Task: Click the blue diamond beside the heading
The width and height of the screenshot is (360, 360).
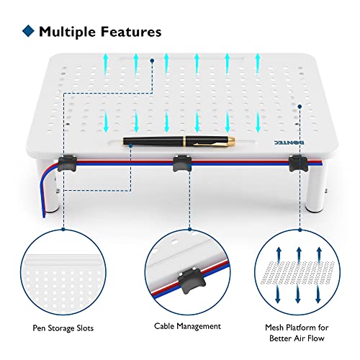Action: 28,31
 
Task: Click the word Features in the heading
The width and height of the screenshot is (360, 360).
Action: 131,32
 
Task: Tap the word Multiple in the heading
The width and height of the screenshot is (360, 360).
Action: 67,32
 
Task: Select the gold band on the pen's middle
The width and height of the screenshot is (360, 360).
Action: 185,141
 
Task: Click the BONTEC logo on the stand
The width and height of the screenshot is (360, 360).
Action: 289,143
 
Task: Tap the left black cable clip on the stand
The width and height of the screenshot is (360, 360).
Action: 67,163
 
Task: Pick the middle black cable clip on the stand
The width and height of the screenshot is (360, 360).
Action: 182,163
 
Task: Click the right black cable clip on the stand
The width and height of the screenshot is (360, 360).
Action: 298,163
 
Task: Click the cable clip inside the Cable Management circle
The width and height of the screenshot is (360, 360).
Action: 192,281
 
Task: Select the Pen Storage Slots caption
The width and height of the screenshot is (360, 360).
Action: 63,328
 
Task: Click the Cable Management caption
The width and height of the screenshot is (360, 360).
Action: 187,326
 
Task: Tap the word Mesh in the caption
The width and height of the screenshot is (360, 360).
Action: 274,328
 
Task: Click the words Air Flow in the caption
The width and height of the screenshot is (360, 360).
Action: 310,338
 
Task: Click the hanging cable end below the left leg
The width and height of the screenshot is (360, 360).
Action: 44,215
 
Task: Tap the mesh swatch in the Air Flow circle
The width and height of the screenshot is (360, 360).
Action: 297,272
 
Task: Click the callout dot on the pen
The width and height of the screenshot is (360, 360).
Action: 130,145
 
